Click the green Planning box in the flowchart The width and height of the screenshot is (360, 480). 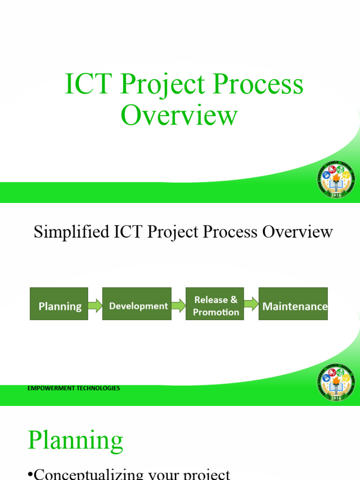[59, 304]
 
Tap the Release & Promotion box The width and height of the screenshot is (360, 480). [215, 304]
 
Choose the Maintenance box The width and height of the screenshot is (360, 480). [293, 304]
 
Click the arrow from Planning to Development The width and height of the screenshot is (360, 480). [95, 306]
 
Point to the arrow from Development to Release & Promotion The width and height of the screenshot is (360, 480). [178, 306]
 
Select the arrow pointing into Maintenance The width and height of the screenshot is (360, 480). [251, 304]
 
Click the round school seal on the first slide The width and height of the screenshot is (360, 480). [336, 180]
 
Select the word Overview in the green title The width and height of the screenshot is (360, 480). [179, 115]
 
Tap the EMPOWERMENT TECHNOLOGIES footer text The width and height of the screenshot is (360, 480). [73, 388]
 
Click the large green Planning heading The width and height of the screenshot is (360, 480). [75, 441]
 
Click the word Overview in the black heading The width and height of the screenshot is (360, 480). [297, 232]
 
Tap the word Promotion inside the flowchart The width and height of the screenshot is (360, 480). [216, 312]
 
